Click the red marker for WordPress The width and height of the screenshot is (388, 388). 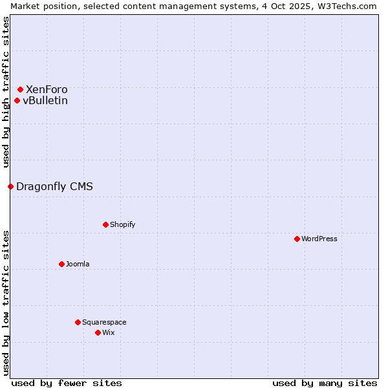click(x=297, y=239)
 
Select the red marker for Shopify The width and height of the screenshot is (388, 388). click(x=105, y=224)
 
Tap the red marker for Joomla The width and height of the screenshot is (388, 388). click(x=61, y=264)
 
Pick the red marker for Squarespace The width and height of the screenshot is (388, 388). click(x=78, y=322)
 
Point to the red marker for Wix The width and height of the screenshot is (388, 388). click(x=98, y=332)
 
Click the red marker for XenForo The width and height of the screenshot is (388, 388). click(x=20, y=89)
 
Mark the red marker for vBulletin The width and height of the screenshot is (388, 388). click(x=17, y=100)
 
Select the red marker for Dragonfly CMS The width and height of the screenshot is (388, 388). click(x=10, y=186)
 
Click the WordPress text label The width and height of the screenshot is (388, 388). click(x=319, y=239)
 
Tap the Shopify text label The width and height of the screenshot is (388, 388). click(x=123, y=224)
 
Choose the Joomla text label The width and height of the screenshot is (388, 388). click(x=78, y=264)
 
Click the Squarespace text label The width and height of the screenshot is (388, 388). click(x=104, y=322)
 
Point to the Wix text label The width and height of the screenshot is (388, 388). click(x=108, y=332)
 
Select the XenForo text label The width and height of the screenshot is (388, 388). click(x=47, y=89)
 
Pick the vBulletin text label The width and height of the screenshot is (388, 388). click(x=45, y=100)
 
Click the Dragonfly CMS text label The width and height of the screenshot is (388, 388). click(x=54, y=186)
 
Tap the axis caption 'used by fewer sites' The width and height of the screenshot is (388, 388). click(x=67, y=383)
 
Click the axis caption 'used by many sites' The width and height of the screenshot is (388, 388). click(x=325, y=383)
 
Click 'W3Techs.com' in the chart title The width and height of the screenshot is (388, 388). click(x=347, y=6)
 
